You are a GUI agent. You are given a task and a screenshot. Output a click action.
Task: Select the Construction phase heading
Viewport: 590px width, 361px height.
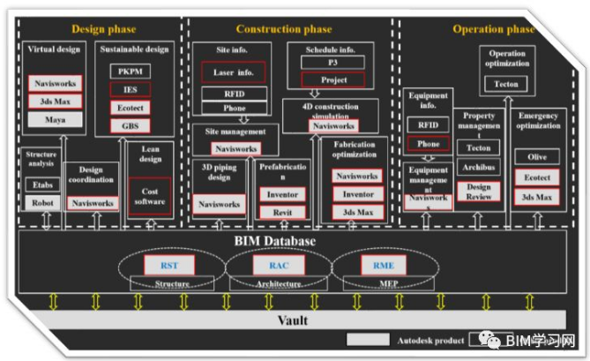[284, 29]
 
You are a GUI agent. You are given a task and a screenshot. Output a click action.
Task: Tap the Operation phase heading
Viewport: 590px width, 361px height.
[494, 29]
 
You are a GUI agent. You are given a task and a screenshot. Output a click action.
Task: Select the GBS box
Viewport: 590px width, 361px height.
[130, 125]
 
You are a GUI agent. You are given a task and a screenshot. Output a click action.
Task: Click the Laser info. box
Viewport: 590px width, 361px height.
[234, 72]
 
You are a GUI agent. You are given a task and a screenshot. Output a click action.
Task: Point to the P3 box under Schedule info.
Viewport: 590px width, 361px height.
[332, 64]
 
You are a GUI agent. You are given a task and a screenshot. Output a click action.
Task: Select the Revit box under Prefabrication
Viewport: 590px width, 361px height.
[283, 212]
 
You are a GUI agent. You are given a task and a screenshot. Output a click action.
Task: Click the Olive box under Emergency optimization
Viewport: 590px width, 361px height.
[537, 157]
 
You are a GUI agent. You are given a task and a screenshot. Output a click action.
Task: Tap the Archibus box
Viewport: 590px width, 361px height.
[479, 167]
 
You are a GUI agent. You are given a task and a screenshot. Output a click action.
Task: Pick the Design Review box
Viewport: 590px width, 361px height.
[479, 192]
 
